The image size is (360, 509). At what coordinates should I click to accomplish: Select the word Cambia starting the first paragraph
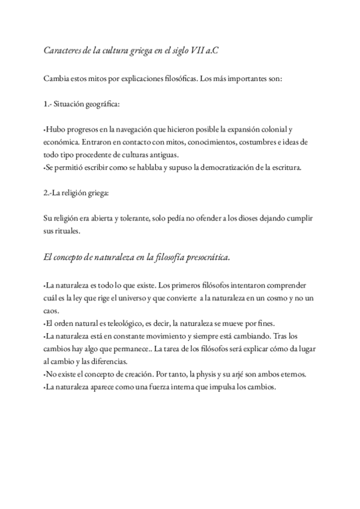tap(56, 78)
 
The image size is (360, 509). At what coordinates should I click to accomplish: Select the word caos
tap(52, 312)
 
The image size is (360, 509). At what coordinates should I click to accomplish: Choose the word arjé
tap(243, 375)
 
